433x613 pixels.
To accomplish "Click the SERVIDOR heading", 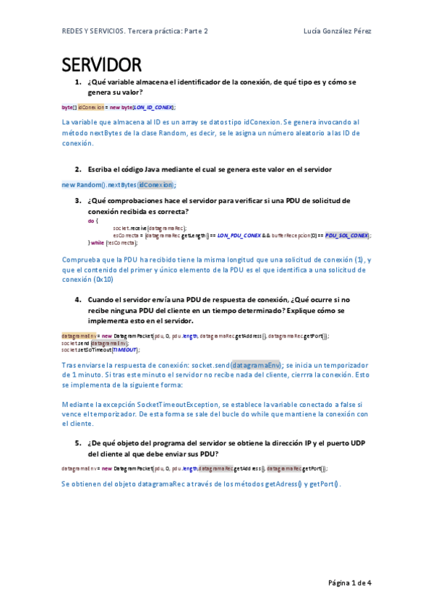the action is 100,65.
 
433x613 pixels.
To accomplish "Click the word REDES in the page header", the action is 72,31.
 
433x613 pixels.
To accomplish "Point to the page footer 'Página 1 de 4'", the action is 350,583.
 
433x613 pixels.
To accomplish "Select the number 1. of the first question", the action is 78,82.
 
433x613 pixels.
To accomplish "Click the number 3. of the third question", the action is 78,200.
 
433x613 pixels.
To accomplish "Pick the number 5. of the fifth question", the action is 78,443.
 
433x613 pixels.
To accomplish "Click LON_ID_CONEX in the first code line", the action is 153,107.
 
